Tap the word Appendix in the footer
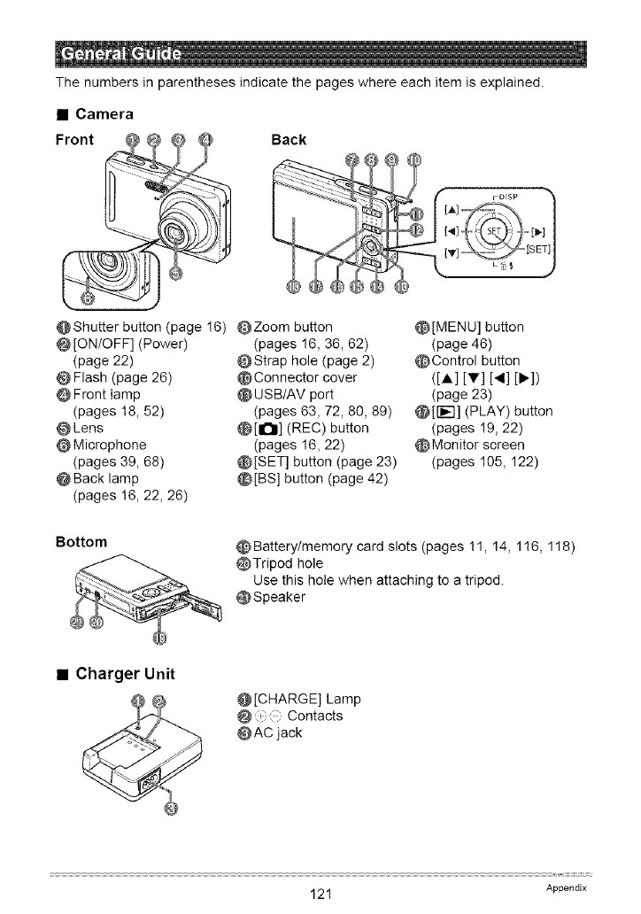tap(567, 887)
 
